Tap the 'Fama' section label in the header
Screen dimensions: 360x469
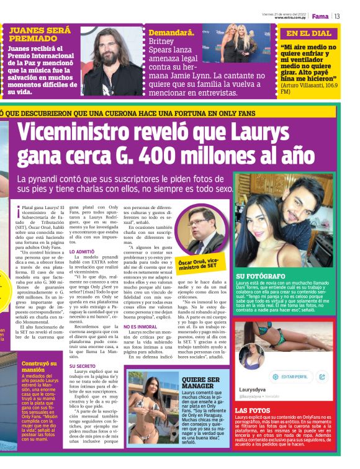point(320,16)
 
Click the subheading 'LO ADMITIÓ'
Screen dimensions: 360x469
point(82,252)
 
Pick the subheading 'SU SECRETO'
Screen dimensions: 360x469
point(82,366)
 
